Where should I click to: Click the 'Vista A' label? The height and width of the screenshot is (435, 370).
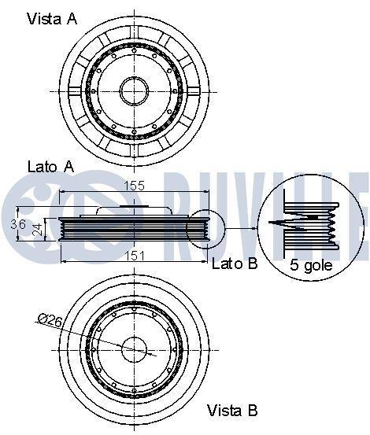(52, 19)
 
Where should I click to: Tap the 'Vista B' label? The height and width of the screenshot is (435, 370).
(232, 410)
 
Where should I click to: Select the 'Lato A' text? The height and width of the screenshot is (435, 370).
(51, 167)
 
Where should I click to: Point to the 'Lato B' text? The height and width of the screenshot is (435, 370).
(235, 264)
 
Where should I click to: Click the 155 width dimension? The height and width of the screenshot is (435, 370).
(134, 185)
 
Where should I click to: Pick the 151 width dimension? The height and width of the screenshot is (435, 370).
(134, 256)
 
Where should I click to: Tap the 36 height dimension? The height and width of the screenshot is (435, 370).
(18, 223)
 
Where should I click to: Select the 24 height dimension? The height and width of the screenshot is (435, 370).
(38, 229)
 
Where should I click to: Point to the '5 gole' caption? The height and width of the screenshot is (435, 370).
(311, 265)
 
